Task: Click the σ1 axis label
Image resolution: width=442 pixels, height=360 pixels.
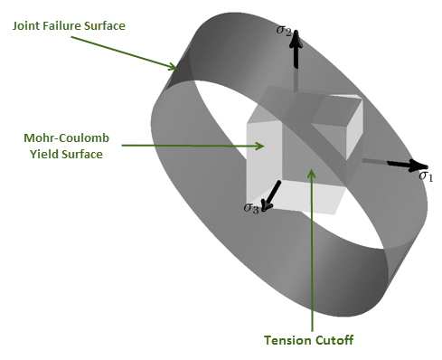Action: pyautogui.click(x=426, y=176)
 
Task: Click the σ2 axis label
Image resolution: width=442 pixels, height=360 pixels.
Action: pyautogui.click(x=284, y=30)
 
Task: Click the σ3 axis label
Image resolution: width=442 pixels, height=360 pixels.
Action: pyautogui.click(x=252, y=209)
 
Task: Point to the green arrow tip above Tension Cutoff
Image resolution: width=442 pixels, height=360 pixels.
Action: pyautogui.click(x=311, y=169)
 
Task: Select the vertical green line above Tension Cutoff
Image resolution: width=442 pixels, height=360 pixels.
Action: pyautogui.click(x=311, y=253)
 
